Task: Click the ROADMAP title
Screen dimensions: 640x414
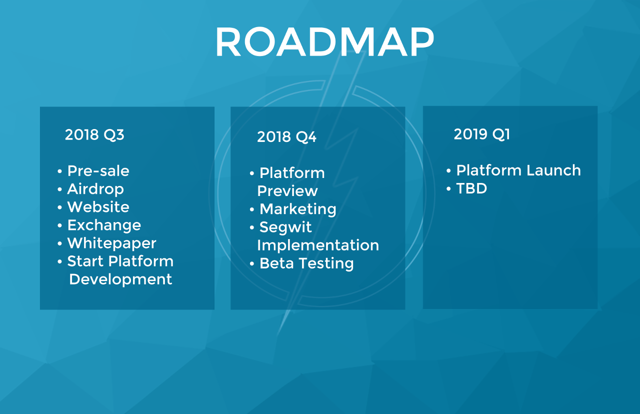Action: click(x=325, y=42)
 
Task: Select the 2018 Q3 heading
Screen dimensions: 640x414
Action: click(x=94, y=134)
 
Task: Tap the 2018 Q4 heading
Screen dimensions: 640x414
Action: click(x=286, y=136)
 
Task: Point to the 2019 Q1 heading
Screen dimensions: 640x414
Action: click(x=481, y=134)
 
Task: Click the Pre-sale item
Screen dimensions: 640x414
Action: click(x=98, y=171)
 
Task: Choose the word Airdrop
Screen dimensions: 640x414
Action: click(x=95, y=189)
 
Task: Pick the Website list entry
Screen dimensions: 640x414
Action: click(x=98, y=207)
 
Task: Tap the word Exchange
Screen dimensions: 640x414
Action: click(x=104, y=225)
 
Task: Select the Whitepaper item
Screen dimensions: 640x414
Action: click(x=111, y=243)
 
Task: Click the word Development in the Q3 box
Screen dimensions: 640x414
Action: click(x=120, y=279)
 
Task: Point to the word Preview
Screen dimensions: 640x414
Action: click(x=287, y=191)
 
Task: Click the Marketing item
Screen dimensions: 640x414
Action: click(x=297, y=209)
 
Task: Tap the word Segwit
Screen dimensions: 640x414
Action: click(x=285, y=227)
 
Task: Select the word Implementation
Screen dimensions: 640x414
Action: click(x=318, y=245)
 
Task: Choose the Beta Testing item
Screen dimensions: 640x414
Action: click(x=306, y=263)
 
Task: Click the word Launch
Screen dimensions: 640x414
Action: click(x=553, y=170)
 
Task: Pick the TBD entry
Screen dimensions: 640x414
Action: click(x=471, y=188)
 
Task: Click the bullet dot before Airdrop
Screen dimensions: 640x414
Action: click(x=59, y=189)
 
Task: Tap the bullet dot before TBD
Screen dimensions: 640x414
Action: click(x=448, y=188)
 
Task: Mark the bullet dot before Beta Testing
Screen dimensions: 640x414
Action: click(x=251, y=263)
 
